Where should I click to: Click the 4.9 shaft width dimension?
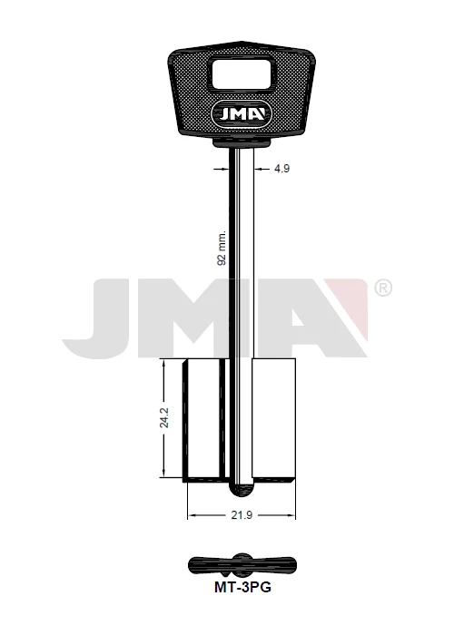click(281, 169)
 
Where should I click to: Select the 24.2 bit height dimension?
click(163, 417)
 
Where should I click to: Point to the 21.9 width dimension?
click(242, 515)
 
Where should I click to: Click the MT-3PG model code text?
click(242, 587)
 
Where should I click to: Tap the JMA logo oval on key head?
click(242, 114)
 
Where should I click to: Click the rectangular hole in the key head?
click(242, 73)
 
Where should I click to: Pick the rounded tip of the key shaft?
click(242, 489)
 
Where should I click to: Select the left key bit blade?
click(204, 420)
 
